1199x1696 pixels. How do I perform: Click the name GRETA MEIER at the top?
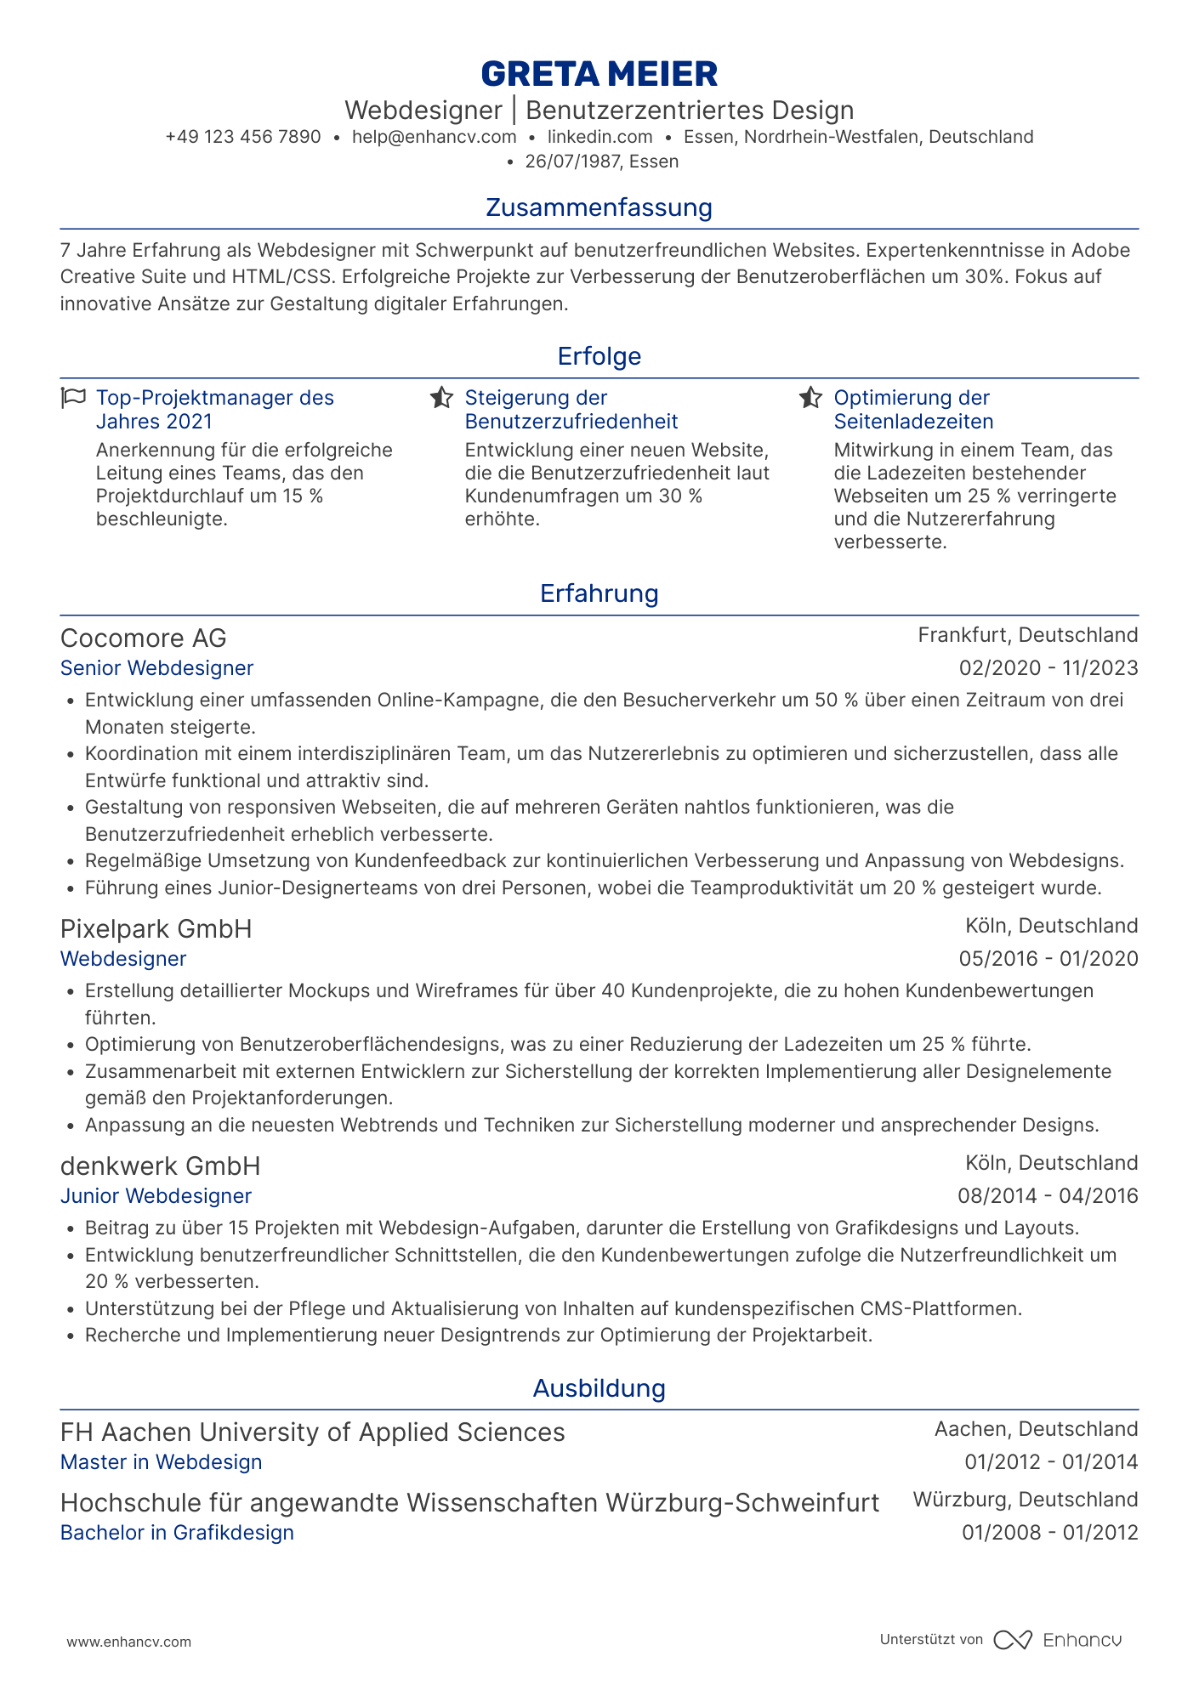tap(599, 74)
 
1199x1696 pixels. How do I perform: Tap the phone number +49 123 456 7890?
tap(243, 137)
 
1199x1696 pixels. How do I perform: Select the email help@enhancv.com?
tap(434, 137)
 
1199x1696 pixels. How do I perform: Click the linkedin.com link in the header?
tap(599, 137)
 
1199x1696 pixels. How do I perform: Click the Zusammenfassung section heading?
tap(599, 207)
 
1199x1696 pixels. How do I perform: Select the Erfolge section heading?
tap(599, 356)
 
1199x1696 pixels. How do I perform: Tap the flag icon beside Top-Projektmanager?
tap(74, 398)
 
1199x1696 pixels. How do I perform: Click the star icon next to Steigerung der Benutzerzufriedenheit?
tap(441, 398)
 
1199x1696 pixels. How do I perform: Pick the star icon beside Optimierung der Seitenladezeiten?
tap(810, 398)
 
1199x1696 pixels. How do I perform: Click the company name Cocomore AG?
tap(144, 638)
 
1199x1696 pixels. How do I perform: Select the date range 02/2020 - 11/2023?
tap(1048, 668)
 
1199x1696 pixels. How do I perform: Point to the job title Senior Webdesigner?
tap(156, 668)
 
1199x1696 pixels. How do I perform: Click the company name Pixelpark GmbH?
tap(156, 929)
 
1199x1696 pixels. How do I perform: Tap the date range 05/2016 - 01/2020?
tap(1048, 959)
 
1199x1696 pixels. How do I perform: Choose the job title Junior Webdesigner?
tap(156, 1196)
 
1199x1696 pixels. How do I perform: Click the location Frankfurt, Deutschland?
tap(1027, 635)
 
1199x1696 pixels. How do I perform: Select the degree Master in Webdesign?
tap(161, 1462)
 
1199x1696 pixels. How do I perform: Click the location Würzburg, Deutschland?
tap(1025, 1500)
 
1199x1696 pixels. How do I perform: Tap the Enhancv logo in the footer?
tap(1058, 1640)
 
